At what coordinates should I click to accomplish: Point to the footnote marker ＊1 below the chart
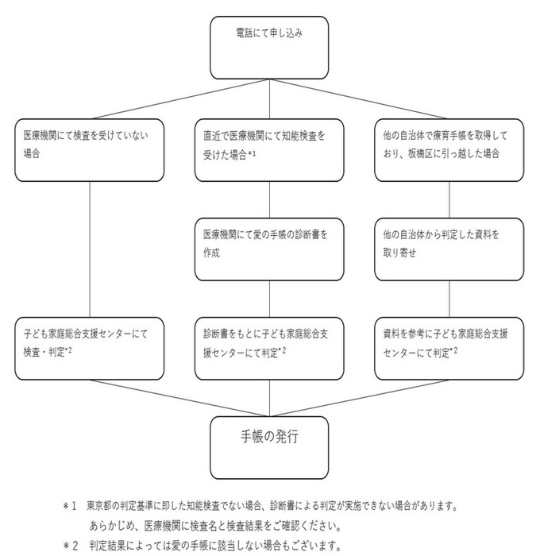tap(71, 505)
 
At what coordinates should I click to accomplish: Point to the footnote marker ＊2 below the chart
tap(71, 545)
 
